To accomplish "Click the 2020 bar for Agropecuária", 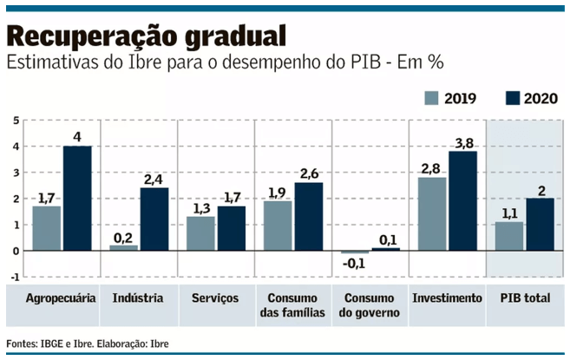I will point(77,198).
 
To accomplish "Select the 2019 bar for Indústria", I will point(123,247).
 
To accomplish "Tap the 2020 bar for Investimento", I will point(462,200).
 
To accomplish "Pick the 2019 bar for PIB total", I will point(508,236).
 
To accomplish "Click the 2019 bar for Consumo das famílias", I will point(278,226).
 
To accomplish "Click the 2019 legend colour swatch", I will point(431,98).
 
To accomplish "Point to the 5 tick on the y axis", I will point(15,120).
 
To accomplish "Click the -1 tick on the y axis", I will point(13,277).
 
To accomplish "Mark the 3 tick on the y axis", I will point(15,172).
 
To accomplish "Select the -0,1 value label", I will point(354,264).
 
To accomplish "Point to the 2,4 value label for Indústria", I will point(154,180).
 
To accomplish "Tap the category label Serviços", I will point(215,298).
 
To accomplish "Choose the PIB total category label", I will point(525,298).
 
